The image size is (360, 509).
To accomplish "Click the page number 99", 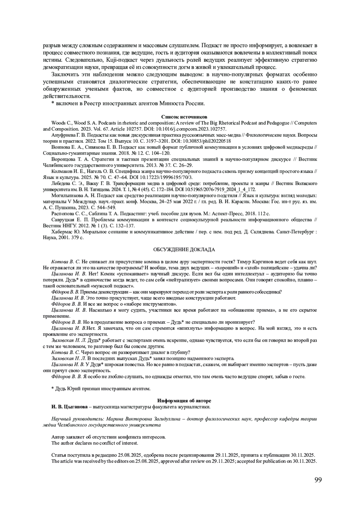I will (x=318, y=480).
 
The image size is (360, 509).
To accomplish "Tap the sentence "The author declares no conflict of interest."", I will (x=95, y=443).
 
